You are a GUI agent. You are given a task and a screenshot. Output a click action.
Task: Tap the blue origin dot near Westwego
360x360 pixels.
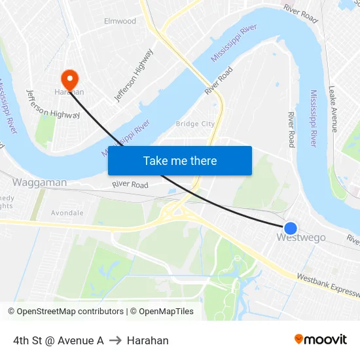[291, 228]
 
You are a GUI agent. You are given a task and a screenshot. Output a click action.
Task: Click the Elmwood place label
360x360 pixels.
[120, 21]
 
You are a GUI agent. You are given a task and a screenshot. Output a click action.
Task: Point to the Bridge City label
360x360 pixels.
[195, 124]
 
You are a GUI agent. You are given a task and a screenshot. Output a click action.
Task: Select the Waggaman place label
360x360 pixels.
[39, 183]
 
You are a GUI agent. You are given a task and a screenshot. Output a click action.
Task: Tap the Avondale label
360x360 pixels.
[67, 213]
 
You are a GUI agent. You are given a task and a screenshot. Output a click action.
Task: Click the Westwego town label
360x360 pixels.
[301, 238]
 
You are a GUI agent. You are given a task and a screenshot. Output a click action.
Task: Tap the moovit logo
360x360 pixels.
[320, 340]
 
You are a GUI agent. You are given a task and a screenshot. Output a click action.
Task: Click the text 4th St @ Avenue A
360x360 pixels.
[58, 340]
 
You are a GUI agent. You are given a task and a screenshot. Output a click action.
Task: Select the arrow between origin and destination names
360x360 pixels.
[115, 340]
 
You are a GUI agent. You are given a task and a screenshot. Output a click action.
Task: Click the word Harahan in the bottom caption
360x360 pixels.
[148, 340]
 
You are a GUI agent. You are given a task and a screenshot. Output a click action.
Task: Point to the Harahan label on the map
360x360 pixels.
[69, 92]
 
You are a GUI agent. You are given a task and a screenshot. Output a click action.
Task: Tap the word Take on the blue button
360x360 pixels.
[156, 161]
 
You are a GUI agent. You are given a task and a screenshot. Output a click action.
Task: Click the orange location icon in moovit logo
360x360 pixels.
[299, 339]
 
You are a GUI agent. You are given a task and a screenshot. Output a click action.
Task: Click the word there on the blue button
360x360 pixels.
[204, 161]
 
